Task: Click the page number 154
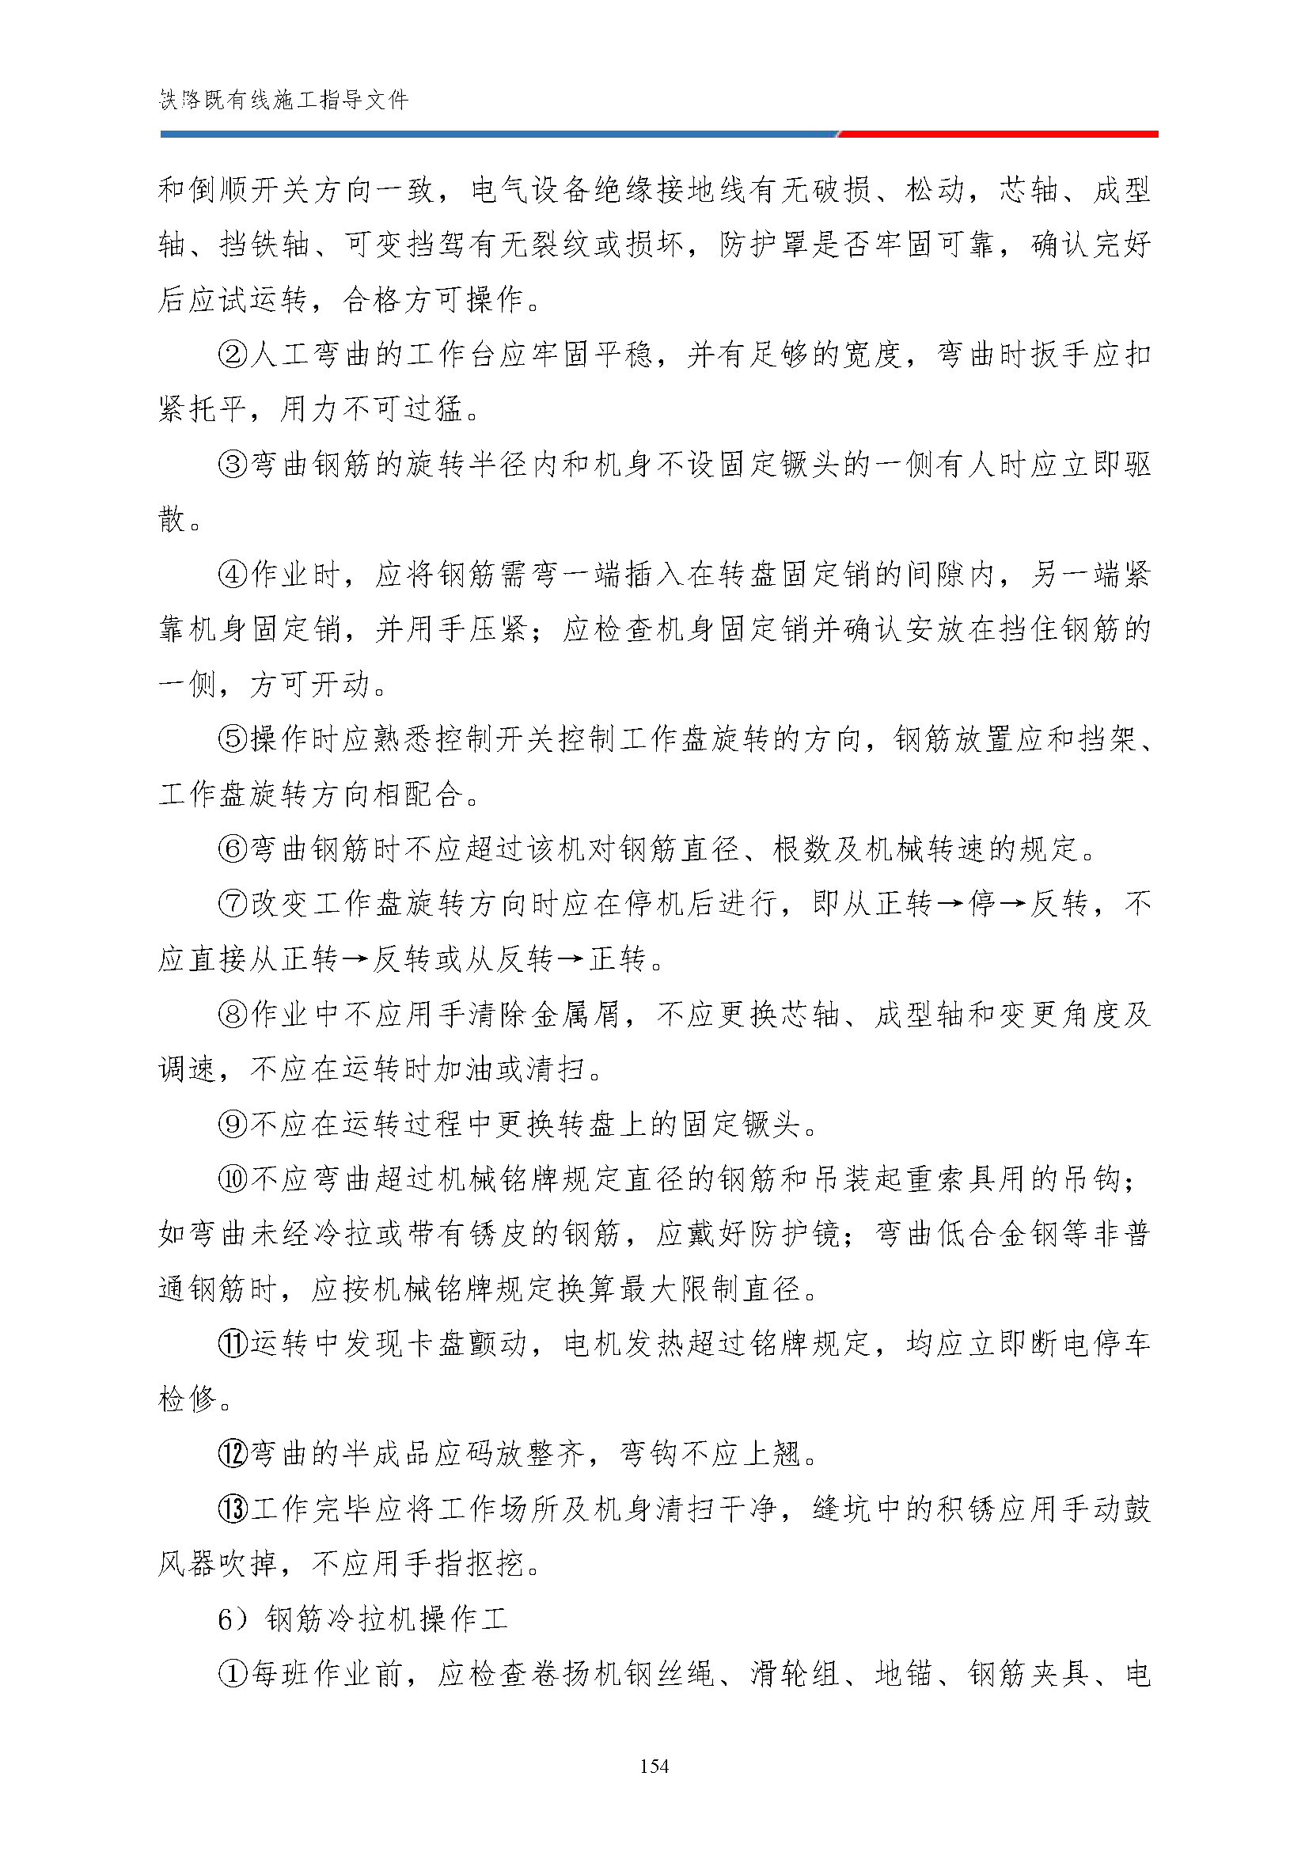(654, 1766)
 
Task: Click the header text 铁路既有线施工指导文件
(284, 100)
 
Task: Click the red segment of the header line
(999, 134)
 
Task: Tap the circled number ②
(233, 354)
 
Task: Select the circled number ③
(233, 464)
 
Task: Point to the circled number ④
(233, 575)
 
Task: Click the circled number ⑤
(233, 739)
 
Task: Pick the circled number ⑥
(233, 848)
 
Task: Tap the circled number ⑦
(233, 903)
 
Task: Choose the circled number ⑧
(233, 1014)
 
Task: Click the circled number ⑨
(233, 1124)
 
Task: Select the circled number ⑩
(233, 1178)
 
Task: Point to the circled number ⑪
(233, 1343)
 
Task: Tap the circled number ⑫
(233, 1454)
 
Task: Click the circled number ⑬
(233, 1509)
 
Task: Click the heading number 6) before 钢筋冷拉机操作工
(233, 1619)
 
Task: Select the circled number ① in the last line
(233, 1674)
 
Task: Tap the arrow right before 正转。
(571, 959)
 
